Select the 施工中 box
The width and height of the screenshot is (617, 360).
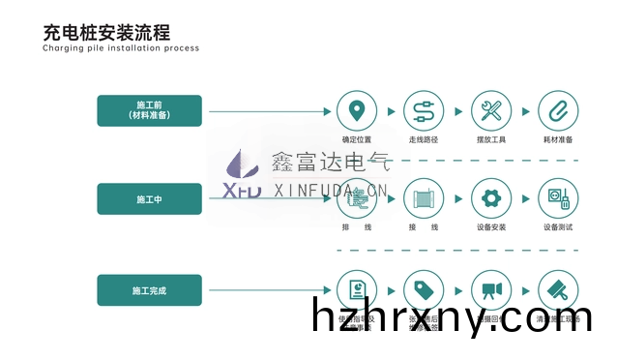(x=149, y=198)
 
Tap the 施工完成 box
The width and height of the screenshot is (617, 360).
(x=149, y=289)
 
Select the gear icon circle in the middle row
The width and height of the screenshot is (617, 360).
(x=492, y=199)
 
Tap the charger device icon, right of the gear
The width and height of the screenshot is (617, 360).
(x=558, y=199)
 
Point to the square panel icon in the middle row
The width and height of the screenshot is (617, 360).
(x=424, y=199)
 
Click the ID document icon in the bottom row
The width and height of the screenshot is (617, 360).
(x=356, y=289)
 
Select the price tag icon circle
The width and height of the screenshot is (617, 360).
(x=424, y=289)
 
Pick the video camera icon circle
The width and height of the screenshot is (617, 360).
(x=492, y=289)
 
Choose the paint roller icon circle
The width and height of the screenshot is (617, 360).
(x=558, y=289)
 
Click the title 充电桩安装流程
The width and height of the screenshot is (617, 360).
(x=107, y=32)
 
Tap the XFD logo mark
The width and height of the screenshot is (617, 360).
(x=241, y=174)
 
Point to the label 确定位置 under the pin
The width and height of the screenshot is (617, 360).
(x=357, y=138)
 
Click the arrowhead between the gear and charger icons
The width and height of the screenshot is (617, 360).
(x=525, y=199)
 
